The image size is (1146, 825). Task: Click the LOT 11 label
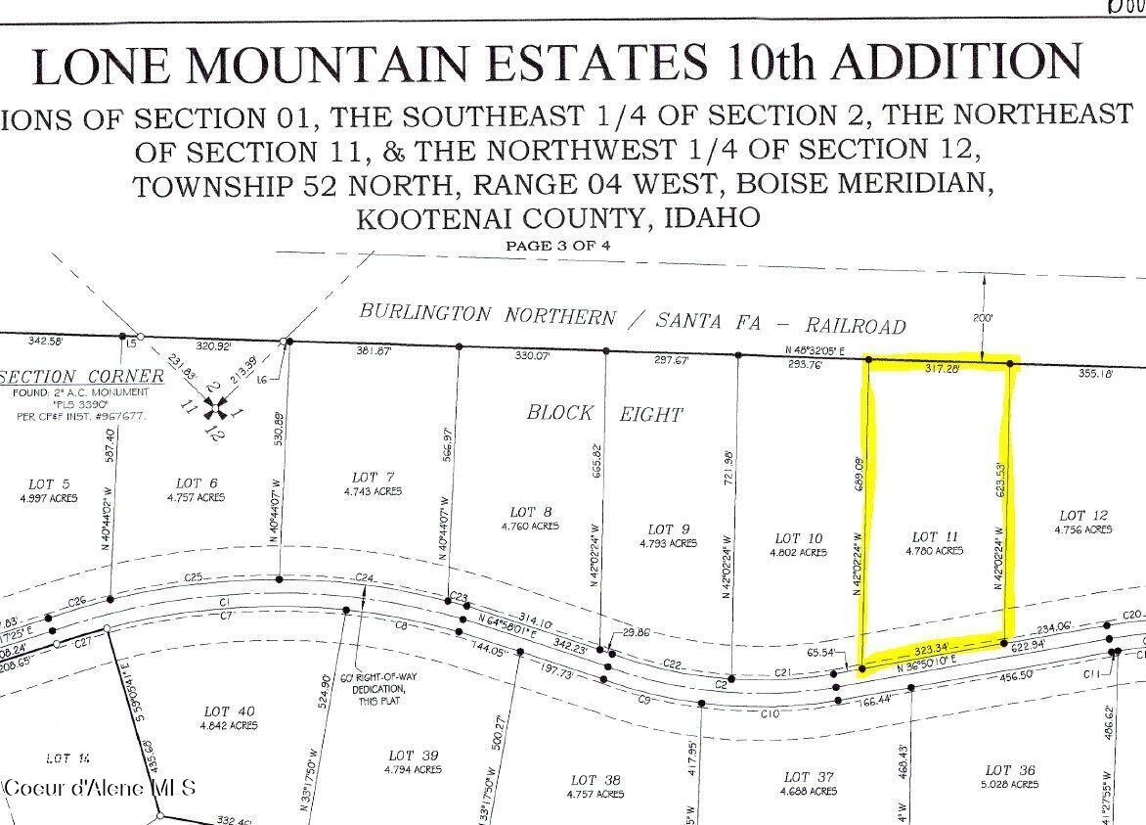tap(935, 536)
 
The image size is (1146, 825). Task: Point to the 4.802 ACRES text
tap(798, 553)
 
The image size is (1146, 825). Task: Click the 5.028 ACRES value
tap(1011, 785)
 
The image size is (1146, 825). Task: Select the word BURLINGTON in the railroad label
tap(423, 313)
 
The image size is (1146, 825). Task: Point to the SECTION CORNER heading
tap(82, 377)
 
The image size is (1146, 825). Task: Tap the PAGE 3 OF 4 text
tap(557, 245)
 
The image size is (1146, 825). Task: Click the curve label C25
tap(195, 577)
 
